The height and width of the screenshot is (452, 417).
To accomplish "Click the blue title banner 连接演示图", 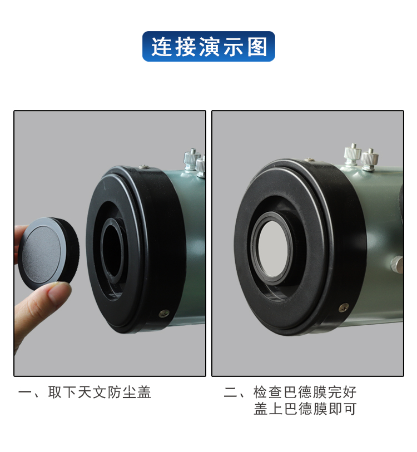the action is [209, 46].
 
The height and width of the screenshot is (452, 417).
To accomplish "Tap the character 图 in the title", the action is [257, 47].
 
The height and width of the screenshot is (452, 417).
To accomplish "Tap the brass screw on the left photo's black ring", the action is [165, 313].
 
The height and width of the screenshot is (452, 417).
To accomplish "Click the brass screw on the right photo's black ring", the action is [343, 307].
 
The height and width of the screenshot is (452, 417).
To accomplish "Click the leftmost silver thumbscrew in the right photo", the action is [353, 154].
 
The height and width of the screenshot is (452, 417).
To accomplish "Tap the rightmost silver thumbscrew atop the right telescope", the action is [370, 160].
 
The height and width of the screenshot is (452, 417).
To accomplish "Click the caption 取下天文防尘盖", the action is [100, 393].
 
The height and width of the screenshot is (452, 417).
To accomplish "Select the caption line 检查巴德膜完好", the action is [305, 392].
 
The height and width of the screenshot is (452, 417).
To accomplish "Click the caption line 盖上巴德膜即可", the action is [305, 409].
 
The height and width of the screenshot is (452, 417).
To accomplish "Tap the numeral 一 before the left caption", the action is [25, 393].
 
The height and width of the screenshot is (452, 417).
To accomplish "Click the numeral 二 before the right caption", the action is [230, 393].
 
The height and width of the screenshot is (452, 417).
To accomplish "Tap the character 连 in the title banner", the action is [161, 47].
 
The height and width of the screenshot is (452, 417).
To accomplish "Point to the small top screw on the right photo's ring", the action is [310, 159].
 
